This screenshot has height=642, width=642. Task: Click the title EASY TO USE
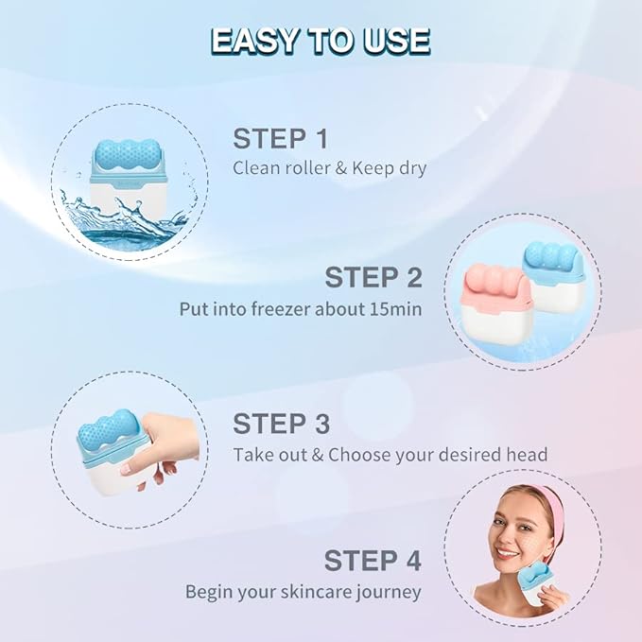[321, 41]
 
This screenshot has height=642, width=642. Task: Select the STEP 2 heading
[373, 278]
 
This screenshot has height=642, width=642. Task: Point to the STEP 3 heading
[281, 423]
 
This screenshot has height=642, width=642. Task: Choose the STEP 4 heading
[373, 560]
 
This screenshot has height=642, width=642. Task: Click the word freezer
[289, 309]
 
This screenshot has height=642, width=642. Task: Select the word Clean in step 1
[256, 169]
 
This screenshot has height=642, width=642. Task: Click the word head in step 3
[527, 454]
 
